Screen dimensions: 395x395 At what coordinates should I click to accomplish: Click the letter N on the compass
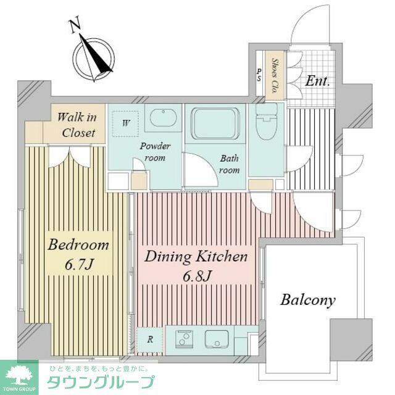(x=75, y=24)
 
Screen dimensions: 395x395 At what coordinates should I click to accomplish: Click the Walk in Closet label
(x=77, y=125)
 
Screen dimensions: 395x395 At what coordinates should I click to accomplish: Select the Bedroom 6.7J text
(x=78, y=254)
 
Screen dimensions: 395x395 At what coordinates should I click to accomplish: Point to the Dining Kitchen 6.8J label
(x=196, y=265)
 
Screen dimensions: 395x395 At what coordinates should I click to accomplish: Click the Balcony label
(x=308, y=301)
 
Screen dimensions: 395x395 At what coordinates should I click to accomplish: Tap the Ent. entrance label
(x=317, y=81)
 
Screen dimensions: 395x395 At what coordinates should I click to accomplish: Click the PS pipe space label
(x=259, y=75)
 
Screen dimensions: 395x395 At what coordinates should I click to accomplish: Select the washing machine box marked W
(x=125, y=123)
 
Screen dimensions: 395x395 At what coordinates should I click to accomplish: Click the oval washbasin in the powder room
(x=163, y=118)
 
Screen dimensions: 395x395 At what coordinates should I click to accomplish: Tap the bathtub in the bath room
(x=215, y=123)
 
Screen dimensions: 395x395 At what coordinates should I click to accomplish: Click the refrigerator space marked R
(x=150, y=339)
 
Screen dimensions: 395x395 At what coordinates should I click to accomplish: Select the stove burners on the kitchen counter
(x=184, y=339)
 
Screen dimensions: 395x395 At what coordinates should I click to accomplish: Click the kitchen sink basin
(x=217, y=339)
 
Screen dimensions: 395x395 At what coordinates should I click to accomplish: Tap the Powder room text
(x=155, y=152)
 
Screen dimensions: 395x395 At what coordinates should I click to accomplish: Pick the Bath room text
(x=229, y=164)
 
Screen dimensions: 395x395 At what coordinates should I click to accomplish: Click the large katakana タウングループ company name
(x=100, y=383)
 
